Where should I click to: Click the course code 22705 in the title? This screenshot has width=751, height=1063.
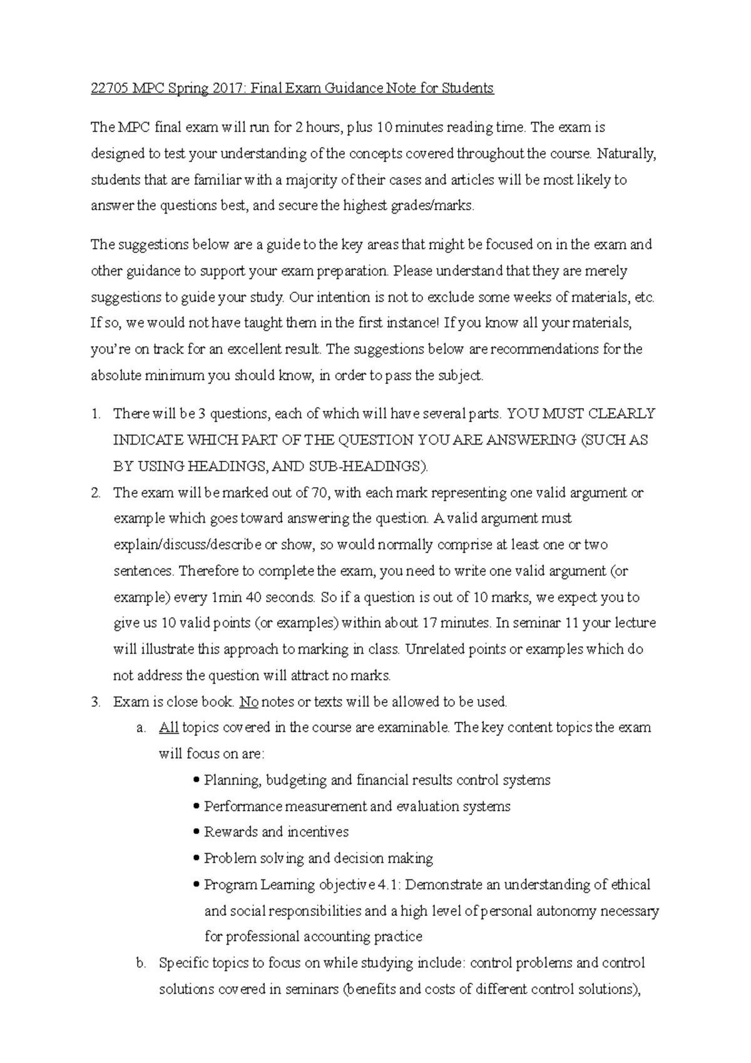click(x=107, y=88)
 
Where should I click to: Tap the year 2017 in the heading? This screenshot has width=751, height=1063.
click(x=232, y=88)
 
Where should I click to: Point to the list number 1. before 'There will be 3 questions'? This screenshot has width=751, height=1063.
click(x=95, y=414)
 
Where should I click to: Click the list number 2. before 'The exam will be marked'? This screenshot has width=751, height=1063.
click(x=95, y=493)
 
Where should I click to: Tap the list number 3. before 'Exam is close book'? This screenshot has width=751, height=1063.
click(x=95, y=702)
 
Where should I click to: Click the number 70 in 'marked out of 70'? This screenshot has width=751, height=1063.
click(x=319, y=493)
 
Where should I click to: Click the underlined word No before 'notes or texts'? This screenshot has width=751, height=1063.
click(x=248, y=702)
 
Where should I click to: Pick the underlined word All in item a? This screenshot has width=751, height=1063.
click(x=168, y=728)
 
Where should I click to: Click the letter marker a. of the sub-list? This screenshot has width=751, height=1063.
click(x=141, y=728)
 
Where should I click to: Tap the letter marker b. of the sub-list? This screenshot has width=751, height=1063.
click(x=141, y=963)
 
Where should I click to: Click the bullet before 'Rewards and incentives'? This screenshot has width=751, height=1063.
click(x=198, y=833)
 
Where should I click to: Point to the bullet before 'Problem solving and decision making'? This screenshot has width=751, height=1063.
click(x=198, y=859)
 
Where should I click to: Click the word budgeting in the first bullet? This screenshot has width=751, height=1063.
click(x=296, y=781)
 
